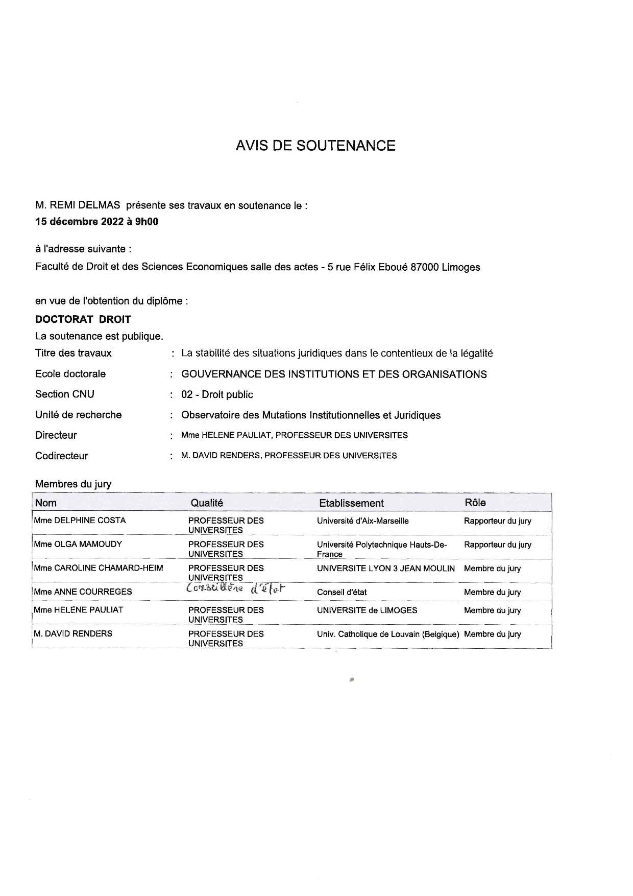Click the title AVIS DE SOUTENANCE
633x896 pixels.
[x=315, y=146]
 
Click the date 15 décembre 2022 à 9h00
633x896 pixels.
[x=96, y=222]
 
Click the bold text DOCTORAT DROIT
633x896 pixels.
[x=83, y=319]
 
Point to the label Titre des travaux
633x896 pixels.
[x=73, y=353]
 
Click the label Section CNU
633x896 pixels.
[x=65, y=394]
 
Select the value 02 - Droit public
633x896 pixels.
[x=217, y=394]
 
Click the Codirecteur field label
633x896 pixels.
[x=61, y=456]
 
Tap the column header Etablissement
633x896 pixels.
[x=351, y=503]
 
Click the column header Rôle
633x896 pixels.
[x=475, y=502]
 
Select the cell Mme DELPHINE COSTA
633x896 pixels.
[x=80, y=521]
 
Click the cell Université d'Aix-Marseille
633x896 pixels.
[x=362, y=521]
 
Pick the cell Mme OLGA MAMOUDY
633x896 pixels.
[x=78, y=544]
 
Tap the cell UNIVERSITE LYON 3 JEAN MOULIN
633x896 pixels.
[x=385, y=568]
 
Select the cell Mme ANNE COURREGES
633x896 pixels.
[x=83, y=592]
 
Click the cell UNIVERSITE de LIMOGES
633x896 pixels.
[x=367, y=610]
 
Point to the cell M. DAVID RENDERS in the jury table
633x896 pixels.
[x=73, y=633]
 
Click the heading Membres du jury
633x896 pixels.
[x=73, y=484]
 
